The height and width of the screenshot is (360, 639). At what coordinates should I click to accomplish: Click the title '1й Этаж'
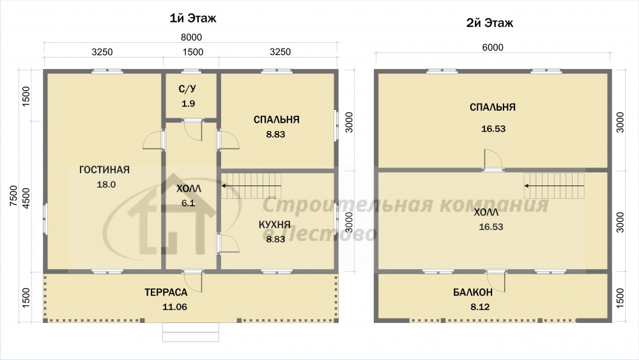pyautogui.click(x=193, y=19)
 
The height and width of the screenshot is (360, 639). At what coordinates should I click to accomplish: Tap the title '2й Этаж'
pyautogui.click(x=489, y=23)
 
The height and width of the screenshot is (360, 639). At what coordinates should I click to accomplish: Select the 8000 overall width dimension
pyautogui.click(x=191, y=37)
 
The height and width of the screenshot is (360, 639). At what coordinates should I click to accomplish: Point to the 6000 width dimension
pyautogui.click(x=493, y=47)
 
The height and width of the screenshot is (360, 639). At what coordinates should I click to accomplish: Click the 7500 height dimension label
pyautogui.click(x=14, y=196)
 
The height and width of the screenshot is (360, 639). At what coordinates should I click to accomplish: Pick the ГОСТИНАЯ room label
pyautogui.click(x=104, y=169)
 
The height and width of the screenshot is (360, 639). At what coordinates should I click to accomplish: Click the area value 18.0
pyautogui.click(x=106, y=184)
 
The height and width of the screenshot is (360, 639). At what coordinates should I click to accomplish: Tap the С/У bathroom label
pyautogui.click(x=187, y=89)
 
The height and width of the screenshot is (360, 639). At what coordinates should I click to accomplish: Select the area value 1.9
pyautogui.click(x=189, y=104)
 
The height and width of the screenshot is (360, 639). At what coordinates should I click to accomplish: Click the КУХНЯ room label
pyautogui.click(x=275, y=224)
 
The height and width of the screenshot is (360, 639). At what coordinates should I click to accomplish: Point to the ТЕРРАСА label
pyautogui.click(x=166, y=292)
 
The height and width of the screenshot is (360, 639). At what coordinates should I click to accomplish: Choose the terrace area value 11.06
pyautogui.click(x=175, y=307)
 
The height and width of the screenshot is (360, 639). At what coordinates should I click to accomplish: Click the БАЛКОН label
pyautogui.click(x=473, y=292)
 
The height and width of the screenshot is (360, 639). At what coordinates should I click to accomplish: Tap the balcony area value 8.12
pyautogui.click(x=480, y=307)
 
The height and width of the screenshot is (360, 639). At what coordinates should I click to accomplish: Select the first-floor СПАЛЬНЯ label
pyautogui.click(x=276, y=120)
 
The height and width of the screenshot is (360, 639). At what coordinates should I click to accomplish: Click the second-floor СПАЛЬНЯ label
pyautogui.click(x=493, y=107)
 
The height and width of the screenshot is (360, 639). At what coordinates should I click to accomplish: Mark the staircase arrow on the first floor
pyautogui.click(x=251, y=186)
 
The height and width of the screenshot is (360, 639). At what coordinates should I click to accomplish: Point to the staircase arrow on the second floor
pyautogui.click(x=554, y=186)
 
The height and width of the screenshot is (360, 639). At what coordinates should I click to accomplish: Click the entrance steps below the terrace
pyautogui.click(x=190, y=333)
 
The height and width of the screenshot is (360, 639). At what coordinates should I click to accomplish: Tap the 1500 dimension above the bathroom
pyautogui.click(x=193, y=52)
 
